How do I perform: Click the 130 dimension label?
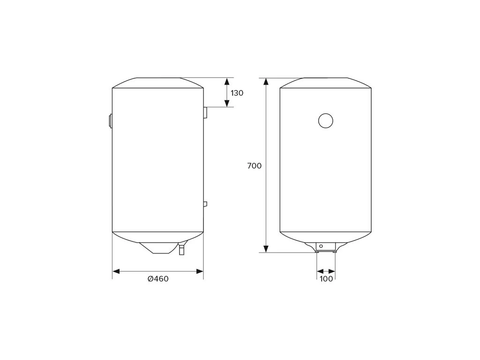coord(237,93)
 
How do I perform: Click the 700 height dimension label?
coord(255,166)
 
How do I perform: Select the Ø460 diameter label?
coord(158,279)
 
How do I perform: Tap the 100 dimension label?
coord(326,279)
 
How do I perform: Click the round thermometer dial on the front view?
coord(325,120)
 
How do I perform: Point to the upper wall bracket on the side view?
coord(205,112)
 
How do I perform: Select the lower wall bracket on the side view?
coord(205,204)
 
